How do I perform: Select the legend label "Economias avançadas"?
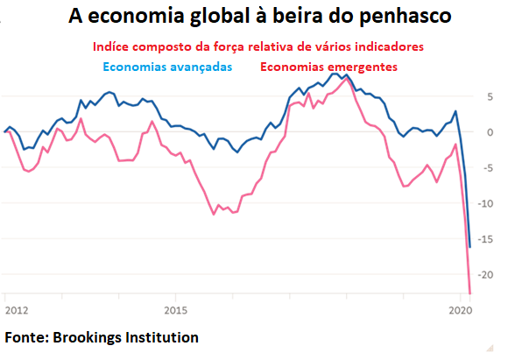(168, 66)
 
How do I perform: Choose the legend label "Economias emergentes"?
(328, 66)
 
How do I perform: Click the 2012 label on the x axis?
(17, 309)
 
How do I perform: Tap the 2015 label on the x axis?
(175, 309)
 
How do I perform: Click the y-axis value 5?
(491, 96)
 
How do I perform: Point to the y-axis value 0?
(491, 132)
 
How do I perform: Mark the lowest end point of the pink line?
(470, 293)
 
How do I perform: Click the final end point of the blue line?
(470, 247)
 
